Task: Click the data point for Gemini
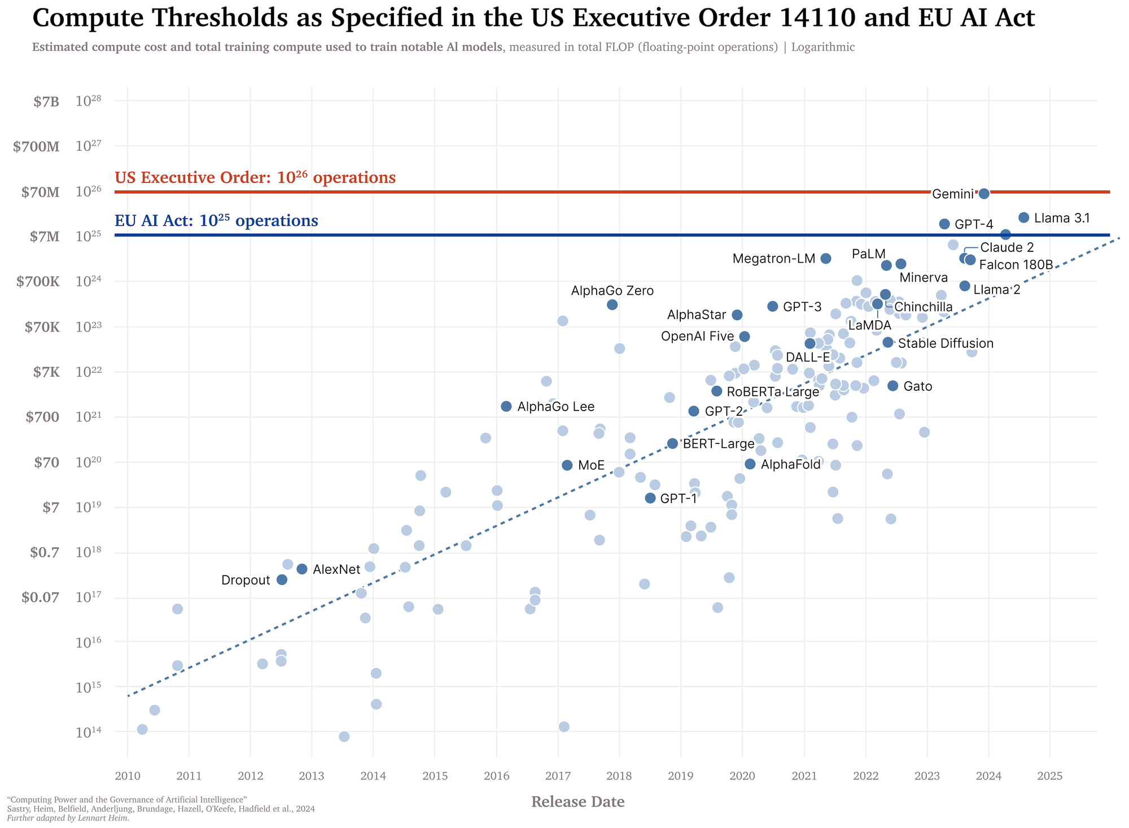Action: (984, 194)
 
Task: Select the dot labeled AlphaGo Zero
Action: (612, 304)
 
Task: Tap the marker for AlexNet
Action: (302, 569)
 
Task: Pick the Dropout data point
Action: (282, 579)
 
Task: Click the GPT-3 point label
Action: (802, 307)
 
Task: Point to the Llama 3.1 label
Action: (1061, 218)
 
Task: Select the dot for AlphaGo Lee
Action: (506, 406)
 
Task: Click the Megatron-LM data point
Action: (825, 258)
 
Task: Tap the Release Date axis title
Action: (578, 802)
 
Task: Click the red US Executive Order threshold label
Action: (255, 178)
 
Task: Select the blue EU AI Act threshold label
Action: (216, 220)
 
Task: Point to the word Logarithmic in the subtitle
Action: (823, 47)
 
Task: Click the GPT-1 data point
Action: (650, 498)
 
